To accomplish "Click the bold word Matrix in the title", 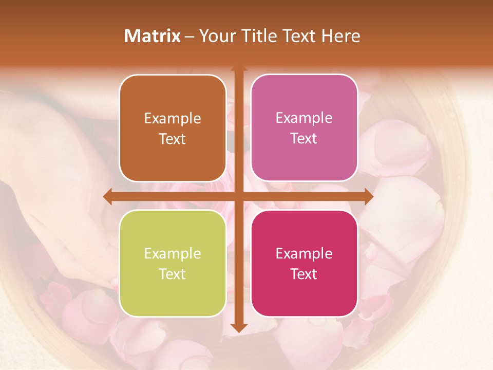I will pyautogui.click(x=153, y=36).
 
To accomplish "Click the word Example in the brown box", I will pyautogui.click(x=173, y=119).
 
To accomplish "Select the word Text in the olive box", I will pyautogui.click(x=173, y=274).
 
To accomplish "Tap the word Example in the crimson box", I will pyautogui.click(x=304, y=253).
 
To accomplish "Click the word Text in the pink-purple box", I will pyautogui.click(x=304, y=139).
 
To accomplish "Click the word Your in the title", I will pyautogui.click(x=215, y=36).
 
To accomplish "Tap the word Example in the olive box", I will pyautogui.click(x=173, y=253).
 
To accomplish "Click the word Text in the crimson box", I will pyautogui.click(x=304, y=274).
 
